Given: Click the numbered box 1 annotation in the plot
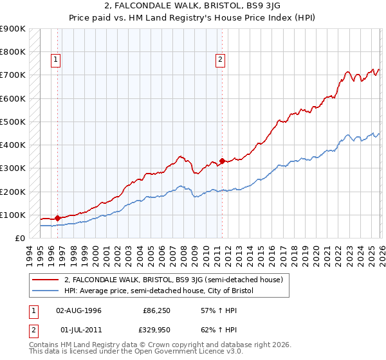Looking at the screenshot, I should (56, 60).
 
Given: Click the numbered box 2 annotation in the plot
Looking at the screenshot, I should (220, 60).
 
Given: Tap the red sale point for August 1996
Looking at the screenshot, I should (58, 218).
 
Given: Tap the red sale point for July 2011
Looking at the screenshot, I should (222, 161).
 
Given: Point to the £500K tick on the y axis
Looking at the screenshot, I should (13, 122).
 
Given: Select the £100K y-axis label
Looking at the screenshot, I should (13, 215).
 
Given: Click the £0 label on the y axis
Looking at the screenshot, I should (19, 238).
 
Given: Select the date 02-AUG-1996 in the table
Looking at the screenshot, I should (79, 310).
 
